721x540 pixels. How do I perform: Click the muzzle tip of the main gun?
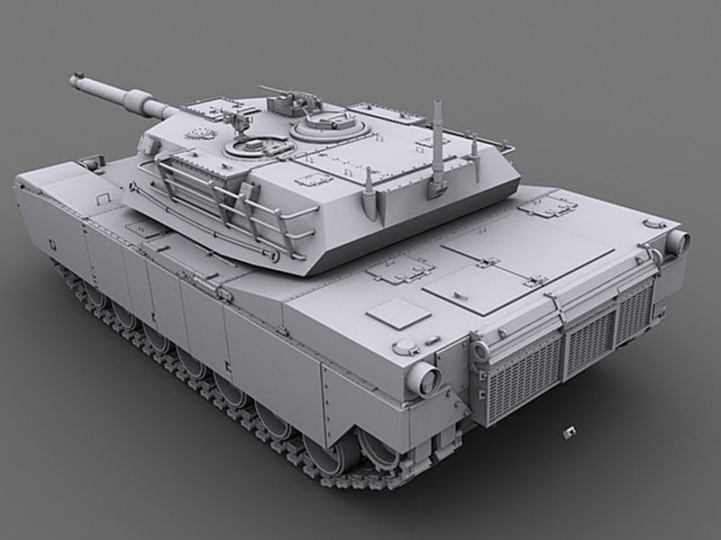click(x=73, y=81)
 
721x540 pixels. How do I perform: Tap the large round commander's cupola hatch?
click(x=328, y=124)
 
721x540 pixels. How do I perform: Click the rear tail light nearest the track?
click(x=421, y=381)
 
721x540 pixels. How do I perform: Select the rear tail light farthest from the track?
click(x=676, y=240)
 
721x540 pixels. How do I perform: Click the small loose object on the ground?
click(x=569, y=433)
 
